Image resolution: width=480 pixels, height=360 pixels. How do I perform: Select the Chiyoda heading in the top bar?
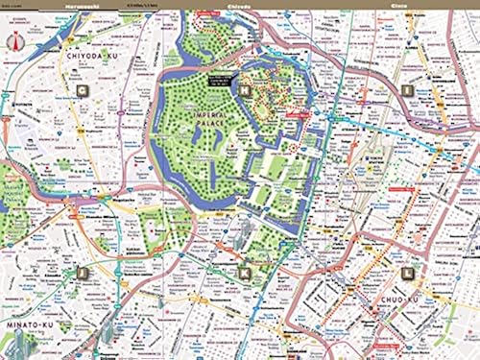pos(236,5)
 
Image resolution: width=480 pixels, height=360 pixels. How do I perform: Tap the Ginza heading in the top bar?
pos(399,5)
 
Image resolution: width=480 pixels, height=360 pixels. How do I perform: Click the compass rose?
pos(14,41)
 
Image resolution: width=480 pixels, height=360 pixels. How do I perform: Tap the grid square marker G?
pos(82,91)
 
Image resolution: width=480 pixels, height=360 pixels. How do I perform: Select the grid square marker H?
pos(245,91)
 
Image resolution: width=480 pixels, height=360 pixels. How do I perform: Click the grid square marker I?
pos(407,91)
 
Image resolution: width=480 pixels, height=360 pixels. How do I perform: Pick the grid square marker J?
pos(82,273)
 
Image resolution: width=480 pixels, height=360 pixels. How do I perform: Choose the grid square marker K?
pos(245,273)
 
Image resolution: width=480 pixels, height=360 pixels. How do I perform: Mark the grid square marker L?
pos(407,273)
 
